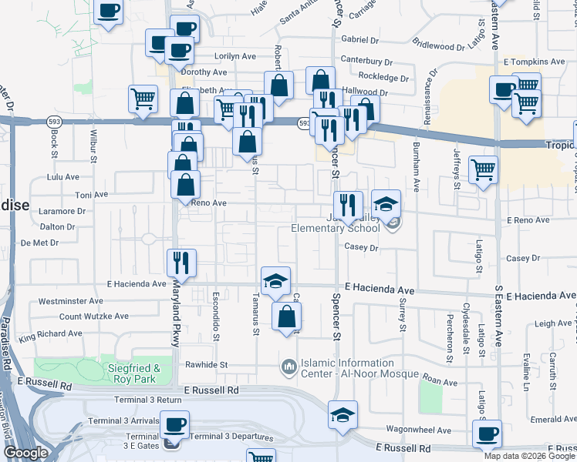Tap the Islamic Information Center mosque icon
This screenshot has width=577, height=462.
point(289,364)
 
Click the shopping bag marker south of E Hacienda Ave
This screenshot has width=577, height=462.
point(286,316)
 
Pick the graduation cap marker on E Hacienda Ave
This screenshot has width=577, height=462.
point(275,281)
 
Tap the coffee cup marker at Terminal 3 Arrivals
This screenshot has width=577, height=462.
point(174,424)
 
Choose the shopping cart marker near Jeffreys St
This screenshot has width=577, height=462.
point(483,169)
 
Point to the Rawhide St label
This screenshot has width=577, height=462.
point(207,365)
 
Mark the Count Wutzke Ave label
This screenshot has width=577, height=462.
point(94,316)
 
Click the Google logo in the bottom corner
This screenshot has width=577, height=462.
point(25,454)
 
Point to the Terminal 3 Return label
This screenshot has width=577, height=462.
point(135,400)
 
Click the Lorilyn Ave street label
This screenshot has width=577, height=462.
point(235,56)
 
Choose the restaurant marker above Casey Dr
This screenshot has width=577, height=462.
point(348,204)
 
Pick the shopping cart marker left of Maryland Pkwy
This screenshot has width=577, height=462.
point(143,99)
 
